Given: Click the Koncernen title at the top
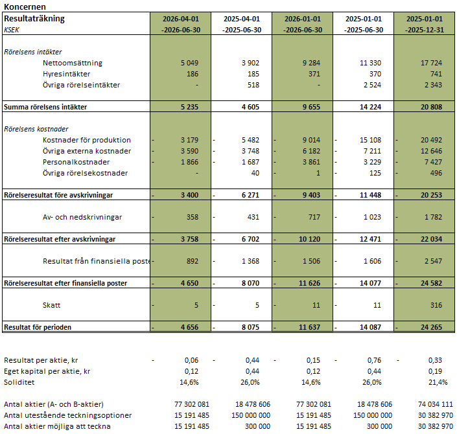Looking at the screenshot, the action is pos(25,6).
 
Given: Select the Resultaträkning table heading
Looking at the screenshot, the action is pos(34,19).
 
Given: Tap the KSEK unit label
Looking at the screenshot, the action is pos(12,30).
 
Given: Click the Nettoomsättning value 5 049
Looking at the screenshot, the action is pos(189,63).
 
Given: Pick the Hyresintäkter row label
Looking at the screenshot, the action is pos(67,74).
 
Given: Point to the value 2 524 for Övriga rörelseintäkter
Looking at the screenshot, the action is pos(372,85).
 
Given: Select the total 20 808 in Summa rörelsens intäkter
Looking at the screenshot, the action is pos(431,107).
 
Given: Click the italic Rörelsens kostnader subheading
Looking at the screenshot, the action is pos(36,129).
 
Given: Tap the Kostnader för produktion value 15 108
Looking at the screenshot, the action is pos(370,140).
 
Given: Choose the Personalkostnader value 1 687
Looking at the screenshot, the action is pos(250,162).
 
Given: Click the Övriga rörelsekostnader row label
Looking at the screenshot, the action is pos(86,173).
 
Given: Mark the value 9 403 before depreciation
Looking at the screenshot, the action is pos(311,195).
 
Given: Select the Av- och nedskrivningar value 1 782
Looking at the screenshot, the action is pos(433,217).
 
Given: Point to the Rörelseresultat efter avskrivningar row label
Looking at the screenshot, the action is pos(60,239).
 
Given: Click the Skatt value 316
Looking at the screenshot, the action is pos(436,305).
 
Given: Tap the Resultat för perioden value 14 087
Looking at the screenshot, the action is pos(370,327).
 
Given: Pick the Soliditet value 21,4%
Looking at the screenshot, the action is pos(438,382).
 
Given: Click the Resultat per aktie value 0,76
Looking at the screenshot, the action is pos(374,360).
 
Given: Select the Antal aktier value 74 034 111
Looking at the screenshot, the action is pos(436,404).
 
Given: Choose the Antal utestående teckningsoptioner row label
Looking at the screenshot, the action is pos(68,415).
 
